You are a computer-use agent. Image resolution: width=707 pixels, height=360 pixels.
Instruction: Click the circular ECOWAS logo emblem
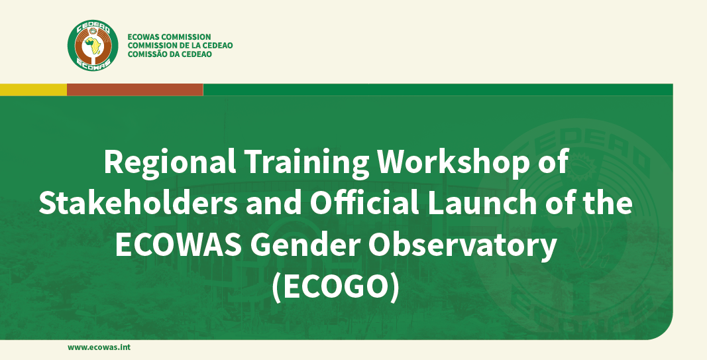point(93,46)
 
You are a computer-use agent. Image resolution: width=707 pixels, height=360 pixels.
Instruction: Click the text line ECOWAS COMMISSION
point(169,37)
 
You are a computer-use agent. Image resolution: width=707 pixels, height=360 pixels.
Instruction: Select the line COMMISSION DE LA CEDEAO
point(180,46)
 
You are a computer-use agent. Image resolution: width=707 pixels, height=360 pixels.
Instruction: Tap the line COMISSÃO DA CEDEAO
point(170,54)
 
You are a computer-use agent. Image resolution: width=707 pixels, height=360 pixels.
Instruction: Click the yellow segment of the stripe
point(33,90)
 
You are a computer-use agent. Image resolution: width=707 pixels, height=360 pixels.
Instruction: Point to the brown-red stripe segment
point(135,90)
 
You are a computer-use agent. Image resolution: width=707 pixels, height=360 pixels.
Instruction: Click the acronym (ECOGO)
point(337,286)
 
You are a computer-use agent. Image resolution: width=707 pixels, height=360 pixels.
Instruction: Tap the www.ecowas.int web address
point(99,347)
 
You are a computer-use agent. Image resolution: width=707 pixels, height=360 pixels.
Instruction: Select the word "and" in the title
point(264,204)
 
